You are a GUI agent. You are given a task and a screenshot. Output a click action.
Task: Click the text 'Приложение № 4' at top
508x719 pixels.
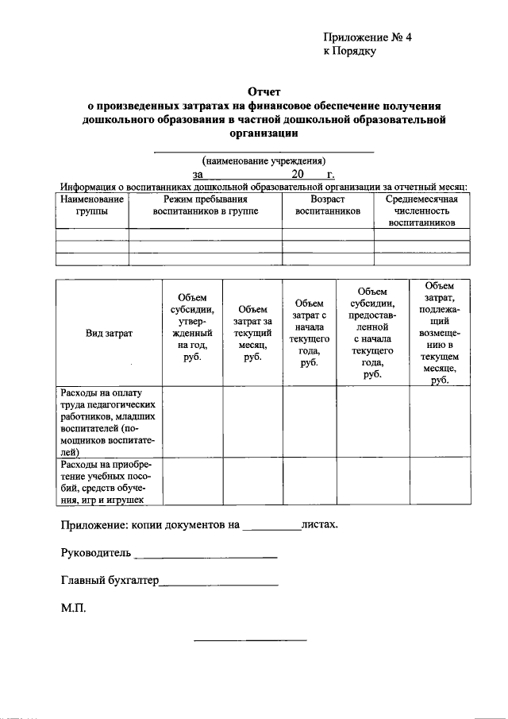point(368,37)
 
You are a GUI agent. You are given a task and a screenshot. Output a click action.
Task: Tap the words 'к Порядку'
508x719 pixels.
point(349,52)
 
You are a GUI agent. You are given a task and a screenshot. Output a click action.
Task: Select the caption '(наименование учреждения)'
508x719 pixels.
point(264,159)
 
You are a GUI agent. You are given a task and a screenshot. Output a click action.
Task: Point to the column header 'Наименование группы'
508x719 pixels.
point(92,206)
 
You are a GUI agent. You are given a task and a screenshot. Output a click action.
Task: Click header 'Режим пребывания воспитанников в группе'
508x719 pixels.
point(206,206)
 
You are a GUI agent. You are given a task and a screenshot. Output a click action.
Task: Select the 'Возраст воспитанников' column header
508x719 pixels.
point(328,206)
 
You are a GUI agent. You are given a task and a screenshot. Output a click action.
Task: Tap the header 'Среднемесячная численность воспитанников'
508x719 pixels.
point(421,211)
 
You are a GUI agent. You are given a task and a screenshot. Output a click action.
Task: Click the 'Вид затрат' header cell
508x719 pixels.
point(109,334)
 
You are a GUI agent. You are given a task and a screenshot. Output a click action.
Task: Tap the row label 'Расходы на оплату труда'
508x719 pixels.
point(109,422)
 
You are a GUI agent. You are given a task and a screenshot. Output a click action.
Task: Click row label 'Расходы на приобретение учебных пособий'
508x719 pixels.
point(109,481)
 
